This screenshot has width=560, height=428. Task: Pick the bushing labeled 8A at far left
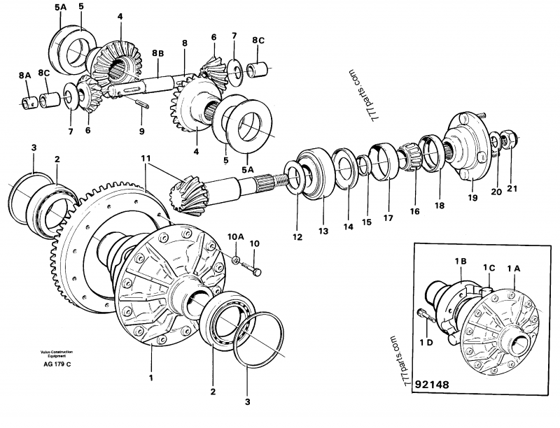pyautogui.click(x=29, y=105)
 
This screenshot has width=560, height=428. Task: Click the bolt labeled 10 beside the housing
pyautogui.click(x=258, y=270)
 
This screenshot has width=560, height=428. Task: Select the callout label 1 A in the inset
pyautogui.click(x=514, y=266)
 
